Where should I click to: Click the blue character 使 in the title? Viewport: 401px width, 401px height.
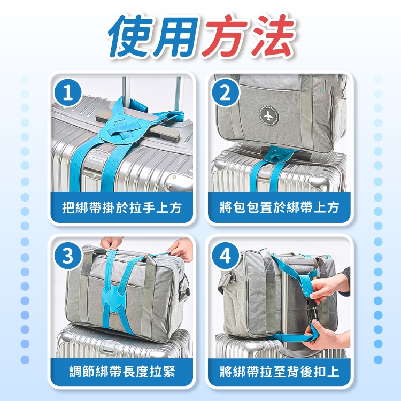(131, 36)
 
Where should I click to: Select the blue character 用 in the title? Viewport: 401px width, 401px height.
(176, 36)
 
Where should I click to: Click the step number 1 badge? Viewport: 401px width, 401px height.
(68, 92)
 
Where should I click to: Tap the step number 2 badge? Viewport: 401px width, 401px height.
(225, 92)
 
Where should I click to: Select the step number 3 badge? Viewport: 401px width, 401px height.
(68, 255)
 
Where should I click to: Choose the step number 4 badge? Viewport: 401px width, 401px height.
(225, 255)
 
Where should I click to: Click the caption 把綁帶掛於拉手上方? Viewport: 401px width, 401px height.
(122, 207)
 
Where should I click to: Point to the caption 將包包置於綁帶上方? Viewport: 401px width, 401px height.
(279, 207)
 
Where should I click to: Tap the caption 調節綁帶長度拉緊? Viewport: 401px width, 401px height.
(122, 372)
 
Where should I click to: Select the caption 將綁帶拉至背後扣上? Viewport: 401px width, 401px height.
(279, 372)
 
